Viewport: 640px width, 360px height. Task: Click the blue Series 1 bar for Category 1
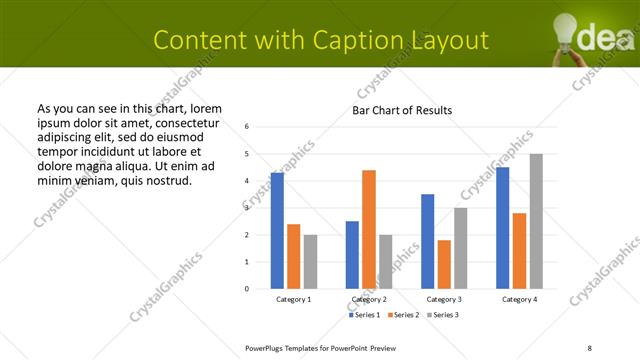pyautogui.click(x=277, y=231)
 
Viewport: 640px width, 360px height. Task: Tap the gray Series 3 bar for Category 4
pyautogui.click(x=536, y=221)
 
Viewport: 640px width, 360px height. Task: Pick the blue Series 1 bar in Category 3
pyautogui.click(x=427, y=241)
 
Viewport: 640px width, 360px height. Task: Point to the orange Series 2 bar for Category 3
pyautogui.click(x=444, y=264)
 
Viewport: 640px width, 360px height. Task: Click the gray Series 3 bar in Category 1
pyautogui.click(x=310, y=261)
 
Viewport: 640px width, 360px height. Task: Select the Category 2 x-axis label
pyautogui.click(x=369, y=299)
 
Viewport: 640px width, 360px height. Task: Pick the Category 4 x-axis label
pyautogui.click(x=519, y=299)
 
